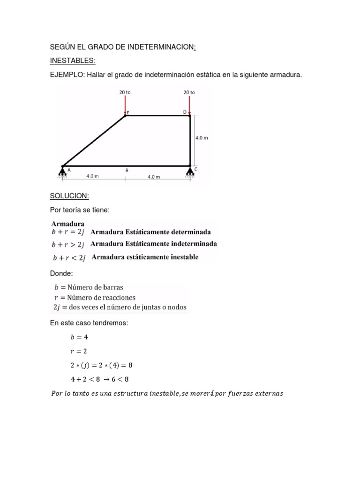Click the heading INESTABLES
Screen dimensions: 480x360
(x=73, y=60)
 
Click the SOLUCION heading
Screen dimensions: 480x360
(x=69, y=195)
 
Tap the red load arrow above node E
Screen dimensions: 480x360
(x=125, y=104)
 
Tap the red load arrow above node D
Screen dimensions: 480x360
(x=189, y=104)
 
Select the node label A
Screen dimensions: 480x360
(x=69, y=171)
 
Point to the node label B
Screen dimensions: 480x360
(x=127, y=171)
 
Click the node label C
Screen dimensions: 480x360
(x=195, y=170)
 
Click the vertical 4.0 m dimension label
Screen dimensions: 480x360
(x=202, y=138)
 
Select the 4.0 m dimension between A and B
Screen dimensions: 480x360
(x=92, y=177)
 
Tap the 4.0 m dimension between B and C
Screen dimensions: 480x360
(x=154, y=177)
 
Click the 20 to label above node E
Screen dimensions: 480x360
(x=125, y=93)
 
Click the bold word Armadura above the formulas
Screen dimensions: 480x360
(x=68, y=224)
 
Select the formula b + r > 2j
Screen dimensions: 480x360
(x=68, y=244)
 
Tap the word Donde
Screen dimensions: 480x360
(x=61, y=273)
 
